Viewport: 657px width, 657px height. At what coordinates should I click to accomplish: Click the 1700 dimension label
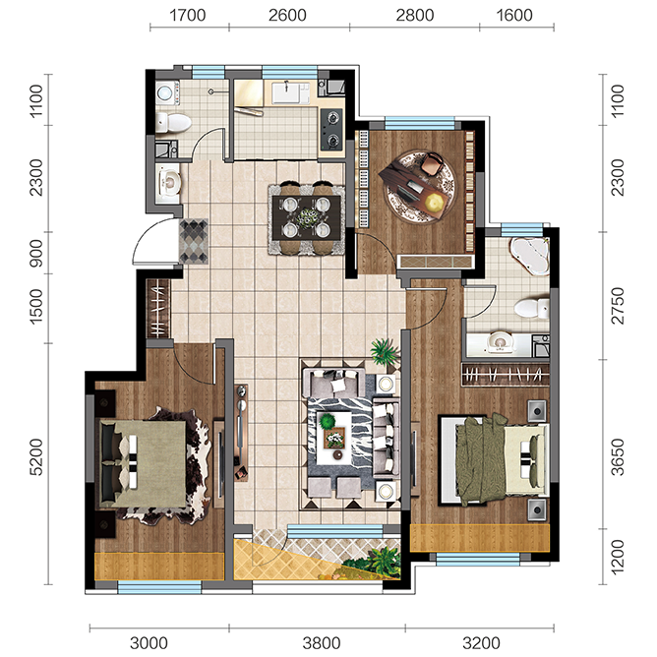187,16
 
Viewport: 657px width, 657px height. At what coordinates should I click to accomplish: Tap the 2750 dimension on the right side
618,306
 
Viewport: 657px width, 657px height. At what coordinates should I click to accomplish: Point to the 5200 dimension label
36,457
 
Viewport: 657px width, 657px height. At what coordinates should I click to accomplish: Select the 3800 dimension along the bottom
322,643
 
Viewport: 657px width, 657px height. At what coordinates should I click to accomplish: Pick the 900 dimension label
36,253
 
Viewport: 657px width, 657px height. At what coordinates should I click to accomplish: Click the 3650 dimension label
618,457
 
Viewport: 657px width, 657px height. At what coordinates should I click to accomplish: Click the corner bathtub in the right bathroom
530,255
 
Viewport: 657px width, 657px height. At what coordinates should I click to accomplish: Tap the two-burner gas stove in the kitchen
331,129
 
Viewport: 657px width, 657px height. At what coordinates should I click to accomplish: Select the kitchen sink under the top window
291,92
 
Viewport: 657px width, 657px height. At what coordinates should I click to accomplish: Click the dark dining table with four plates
306,217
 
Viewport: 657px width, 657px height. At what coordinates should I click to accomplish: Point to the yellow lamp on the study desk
435,204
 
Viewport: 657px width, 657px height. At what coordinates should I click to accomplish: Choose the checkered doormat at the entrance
194,241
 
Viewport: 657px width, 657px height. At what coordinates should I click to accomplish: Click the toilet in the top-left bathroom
173,123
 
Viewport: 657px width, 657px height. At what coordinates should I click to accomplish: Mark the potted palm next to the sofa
384,351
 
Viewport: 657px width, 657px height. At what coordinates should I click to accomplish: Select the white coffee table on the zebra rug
334,438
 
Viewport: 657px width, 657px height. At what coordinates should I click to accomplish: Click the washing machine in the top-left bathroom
166,92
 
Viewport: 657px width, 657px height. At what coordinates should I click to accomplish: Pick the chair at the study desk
433,163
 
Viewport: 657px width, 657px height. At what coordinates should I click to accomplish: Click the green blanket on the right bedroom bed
481,459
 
